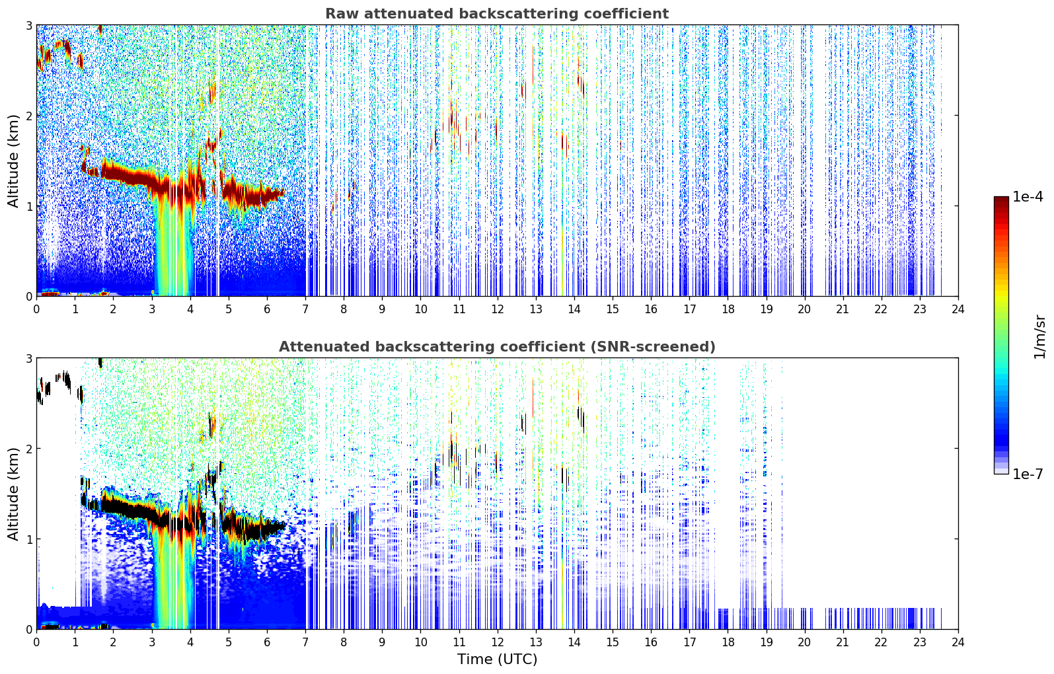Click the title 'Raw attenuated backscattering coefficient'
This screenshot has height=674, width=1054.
tap(497, 14)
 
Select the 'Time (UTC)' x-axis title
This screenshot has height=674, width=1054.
tap(497, 659)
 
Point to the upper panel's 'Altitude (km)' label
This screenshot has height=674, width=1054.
tap(13, 161)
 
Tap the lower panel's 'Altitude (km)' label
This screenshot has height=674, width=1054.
tap(13, 494)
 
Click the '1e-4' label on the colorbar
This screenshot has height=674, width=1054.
tap(1028, 197)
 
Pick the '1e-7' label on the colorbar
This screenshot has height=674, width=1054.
tap(1028, 474)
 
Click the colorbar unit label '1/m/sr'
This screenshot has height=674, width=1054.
tap(1039, 338)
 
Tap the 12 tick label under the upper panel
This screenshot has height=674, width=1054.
tap(498, 309)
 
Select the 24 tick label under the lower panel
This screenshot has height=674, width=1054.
tap(958, 642)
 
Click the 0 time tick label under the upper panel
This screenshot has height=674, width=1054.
tap(37, 309)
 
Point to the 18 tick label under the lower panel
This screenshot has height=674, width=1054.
tap(728, 642)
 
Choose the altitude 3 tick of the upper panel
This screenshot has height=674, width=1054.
tap(28, 25)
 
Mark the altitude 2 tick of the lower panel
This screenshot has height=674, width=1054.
tap(28, 449)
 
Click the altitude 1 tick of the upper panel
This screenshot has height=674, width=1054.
tap(28, 206)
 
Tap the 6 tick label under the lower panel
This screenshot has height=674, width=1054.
tap(267, 642)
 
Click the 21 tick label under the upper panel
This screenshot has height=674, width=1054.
tap(843, 309)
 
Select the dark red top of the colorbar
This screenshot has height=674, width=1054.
tap(1001, 200)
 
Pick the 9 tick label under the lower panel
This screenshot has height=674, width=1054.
tap(382, 642)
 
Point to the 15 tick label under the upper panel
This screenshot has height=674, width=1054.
tap(613, 309)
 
